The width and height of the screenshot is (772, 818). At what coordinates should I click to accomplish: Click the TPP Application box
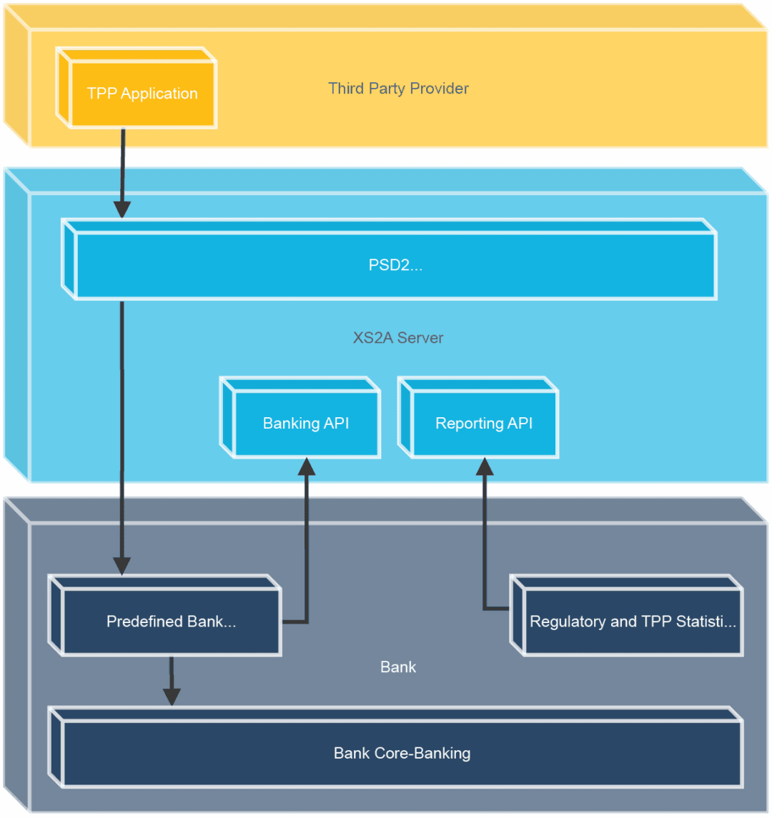(x=142, y=94)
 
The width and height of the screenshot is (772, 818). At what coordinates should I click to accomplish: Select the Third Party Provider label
(x=398, y=89)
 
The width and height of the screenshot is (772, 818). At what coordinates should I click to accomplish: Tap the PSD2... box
(x=395, y=265)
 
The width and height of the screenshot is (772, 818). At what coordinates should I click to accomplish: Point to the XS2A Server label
(x=398, y=338)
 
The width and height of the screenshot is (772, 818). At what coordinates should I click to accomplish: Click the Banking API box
(x=306, y=423)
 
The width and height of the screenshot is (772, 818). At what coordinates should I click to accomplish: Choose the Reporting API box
(x=484, y=423)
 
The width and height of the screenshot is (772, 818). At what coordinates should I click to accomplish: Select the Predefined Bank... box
(x=171, y=621)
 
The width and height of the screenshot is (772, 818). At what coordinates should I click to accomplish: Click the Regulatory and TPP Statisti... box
(x=633, y=621)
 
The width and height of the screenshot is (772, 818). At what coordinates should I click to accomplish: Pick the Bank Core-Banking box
(x=402, y=753)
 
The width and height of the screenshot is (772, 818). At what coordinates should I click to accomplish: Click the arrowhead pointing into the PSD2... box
(x=122, y=209)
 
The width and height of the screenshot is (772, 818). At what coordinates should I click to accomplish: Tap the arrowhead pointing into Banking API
(x=307, y=467)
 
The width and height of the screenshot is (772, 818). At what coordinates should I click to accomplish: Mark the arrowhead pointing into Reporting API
(x=485, y=467)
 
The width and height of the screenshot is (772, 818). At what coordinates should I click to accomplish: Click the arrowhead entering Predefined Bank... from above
(x=122, y=565)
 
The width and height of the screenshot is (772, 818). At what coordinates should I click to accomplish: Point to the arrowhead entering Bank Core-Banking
(x=172, y=697)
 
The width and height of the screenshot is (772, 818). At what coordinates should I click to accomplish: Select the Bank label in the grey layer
(x=398, y=667)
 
